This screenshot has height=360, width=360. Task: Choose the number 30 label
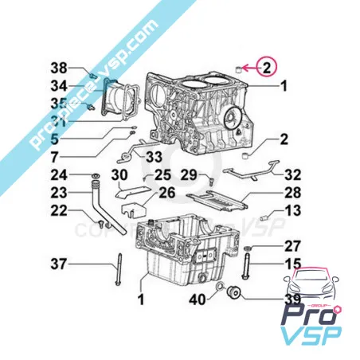[x=119, y=174]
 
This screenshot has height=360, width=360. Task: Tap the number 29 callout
[x=188, y=174]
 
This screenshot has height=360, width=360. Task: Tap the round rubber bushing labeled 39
[x=234, y=293]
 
